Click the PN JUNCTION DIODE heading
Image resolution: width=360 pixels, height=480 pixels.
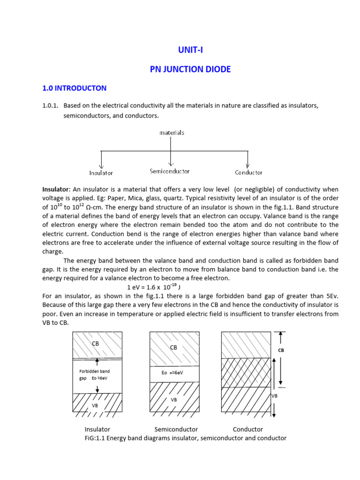click(x=190, y=69)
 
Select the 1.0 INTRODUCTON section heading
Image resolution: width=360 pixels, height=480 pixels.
click(x=74, y=88)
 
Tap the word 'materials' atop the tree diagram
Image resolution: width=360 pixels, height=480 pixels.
click(x=172, y=133)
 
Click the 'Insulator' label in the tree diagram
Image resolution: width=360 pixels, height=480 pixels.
click(x=101, y=173)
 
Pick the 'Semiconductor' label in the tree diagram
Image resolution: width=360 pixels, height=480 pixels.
click(x=169, y=172)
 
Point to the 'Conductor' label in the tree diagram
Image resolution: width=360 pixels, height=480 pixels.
click(x=248, y=172)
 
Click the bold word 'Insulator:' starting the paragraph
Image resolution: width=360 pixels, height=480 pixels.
click(x=56, y=189)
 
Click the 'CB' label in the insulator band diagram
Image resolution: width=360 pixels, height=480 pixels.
click(x=95, y=344)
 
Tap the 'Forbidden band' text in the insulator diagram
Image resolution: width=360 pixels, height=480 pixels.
click(x=94, y=371)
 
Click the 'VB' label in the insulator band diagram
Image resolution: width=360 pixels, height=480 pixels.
click(x=95, y=405)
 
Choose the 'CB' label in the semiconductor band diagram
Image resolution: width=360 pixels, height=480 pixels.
click(x=173, y=347)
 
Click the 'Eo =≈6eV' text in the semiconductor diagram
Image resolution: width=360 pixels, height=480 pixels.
click(x=173, y=373)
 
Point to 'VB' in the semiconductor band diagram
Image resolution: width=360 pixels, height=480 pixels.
click(x=173, y=400)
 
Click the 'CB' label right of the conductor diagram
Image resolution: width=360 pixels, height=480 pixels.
click(x=281, y=350)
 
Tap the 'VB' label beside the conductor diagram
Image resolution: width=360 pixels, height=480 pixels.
click(x=275, y=396)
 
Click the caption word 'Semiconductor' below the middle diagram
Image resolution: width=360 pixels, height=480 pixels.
click(x=176, y=429)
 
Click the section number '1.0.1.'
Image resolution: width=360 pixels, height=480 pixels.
click(x=50, y=106)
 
